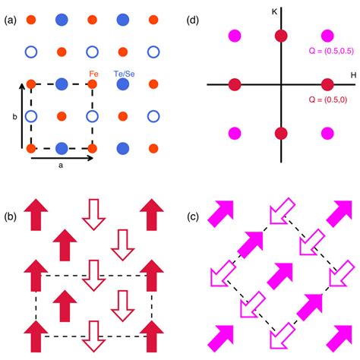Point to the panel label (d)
(195, 18)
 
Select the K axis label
(274, 11)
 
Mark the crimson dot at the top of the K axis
(281, 35)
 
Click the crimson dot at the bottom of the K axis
(281, 133)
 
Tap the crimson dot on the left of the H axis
(232, 84)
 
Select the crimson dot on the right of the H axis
(329, 84)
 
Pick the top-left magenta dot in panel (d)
(233, 35)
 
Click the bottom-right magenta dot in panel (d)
(329, 133)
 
